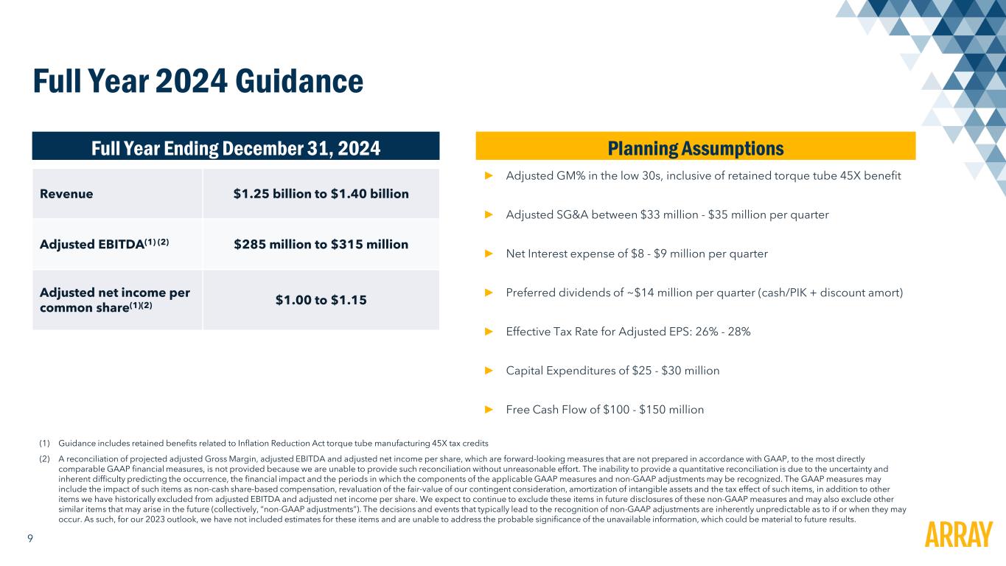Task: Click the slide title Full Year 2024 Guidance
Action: tap(198, 82)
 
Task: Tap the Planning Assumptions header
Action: tap(695, 148)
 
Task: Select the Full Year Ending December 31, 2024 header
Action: tap(235, 148)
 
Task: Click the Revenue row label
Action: tap(66, 194)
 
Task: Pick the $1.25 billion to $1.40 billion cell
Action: tap(321, 194)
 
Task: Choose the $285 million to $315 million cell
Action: tap(321, 244)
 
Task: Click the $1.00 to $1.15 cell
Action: tap(321, 300)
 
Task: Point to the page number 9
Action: tap(29, 539)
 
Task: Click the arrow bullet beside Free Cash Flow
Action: tap(488, 410)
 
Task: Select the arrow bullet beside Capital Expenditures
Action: tap(488, 371)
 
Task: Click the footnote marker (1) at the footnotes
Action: tap(44, 443)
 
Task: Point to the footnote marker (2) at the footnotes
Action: tap(44, 458)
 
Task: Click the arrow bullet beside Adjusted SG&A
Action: tap(488, 215)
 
